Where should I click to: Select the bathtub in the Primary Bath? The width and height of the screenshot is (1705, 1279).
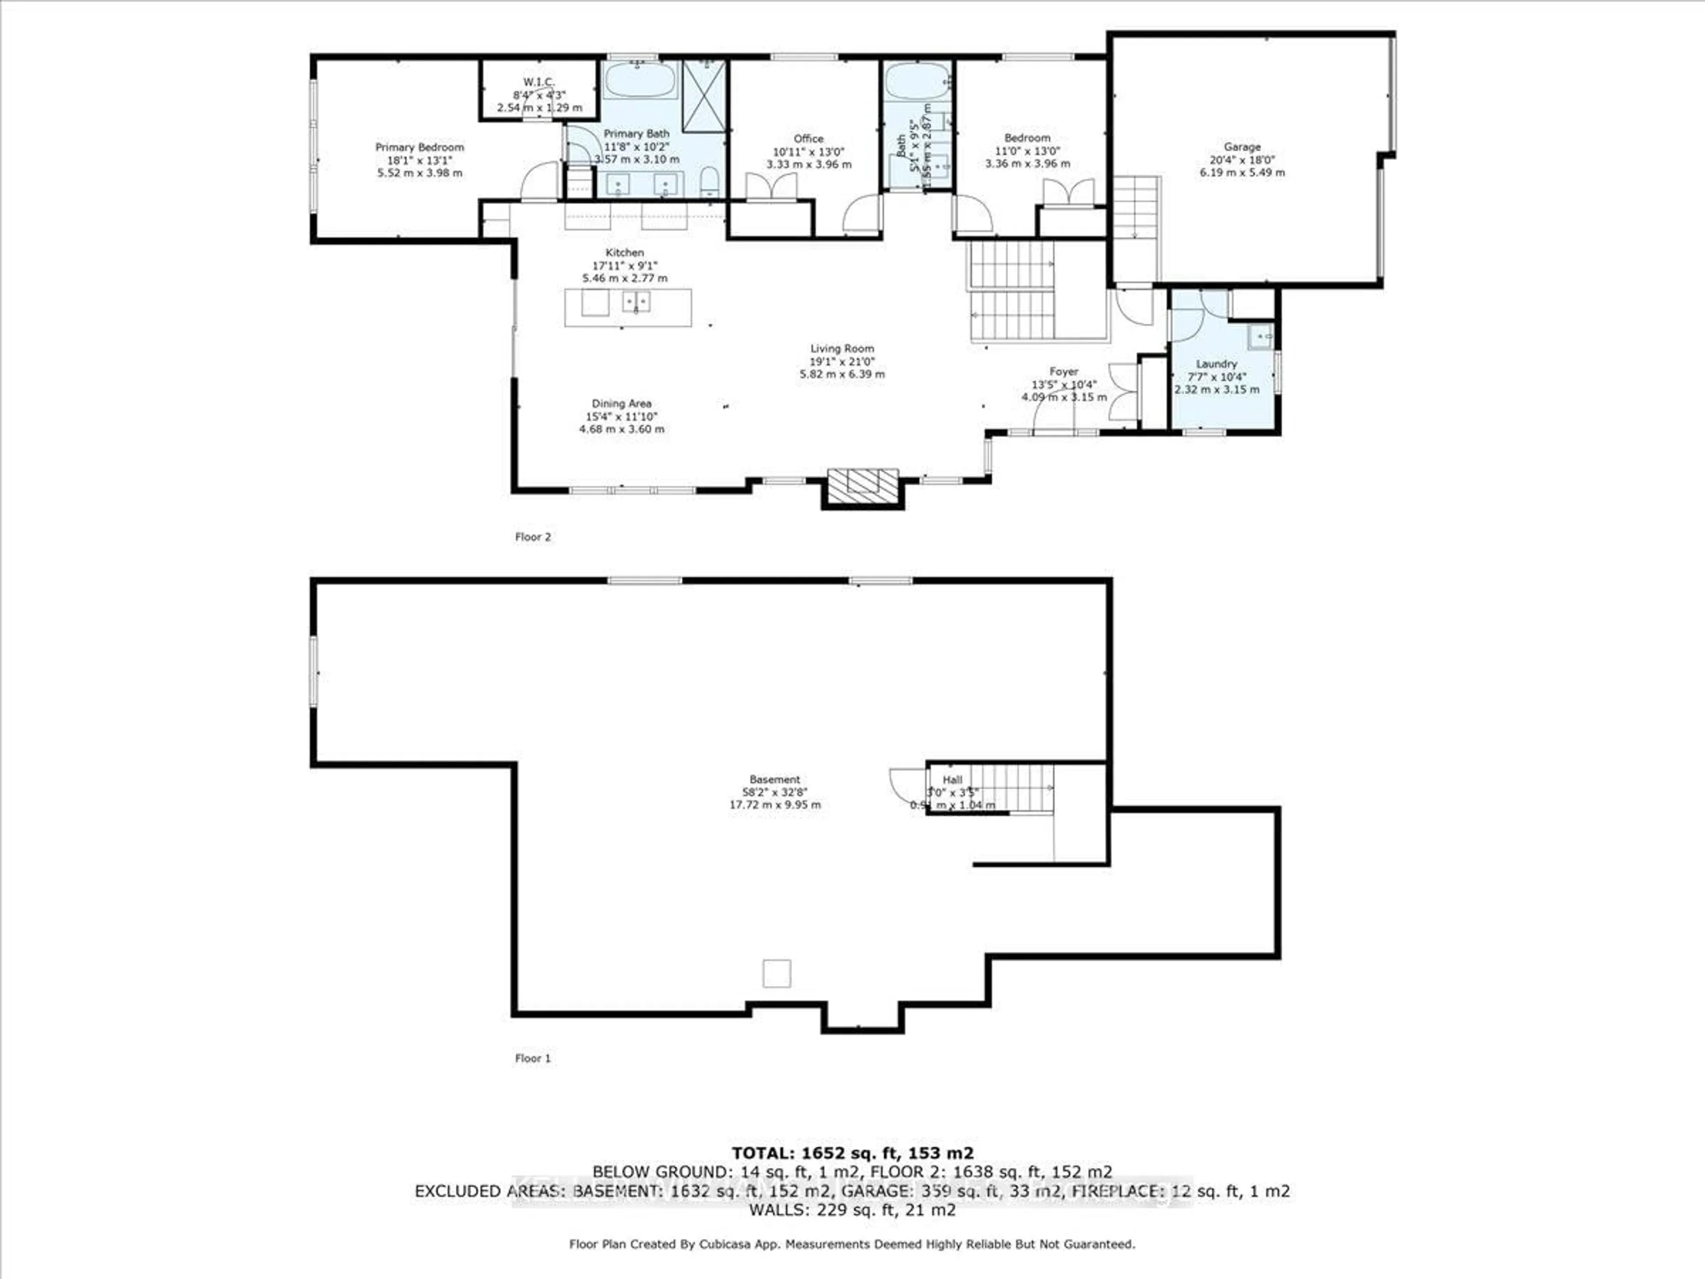click(x=639, y=80)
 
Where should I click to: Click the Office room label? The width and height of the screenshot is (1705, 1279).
click(x=809, y=139)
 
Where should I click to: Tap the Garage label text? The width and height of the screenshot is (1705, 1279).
click(x=1242, y=147)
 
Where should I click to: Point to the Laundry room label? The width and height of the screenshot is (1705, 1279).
click(x=1216, y=364)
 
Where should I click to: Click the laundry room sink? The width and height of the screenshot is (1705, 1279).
click(x=1261, y=336)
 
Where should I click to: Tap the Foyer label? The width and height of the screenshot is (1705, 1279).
click(x=1064, y=372)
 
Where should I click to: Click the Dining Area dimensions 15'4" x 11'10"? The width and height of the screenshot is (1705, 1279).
click(x=621, y=416)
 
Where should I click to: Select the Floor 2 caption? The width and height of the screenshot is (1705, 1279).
click(x=533, y=537)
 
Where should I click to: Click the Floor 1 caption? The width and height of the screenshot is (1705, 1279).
click(x=533, y=1059)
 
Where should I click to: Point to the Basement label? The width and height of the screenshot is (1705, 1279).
click(x=775, y=779)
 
